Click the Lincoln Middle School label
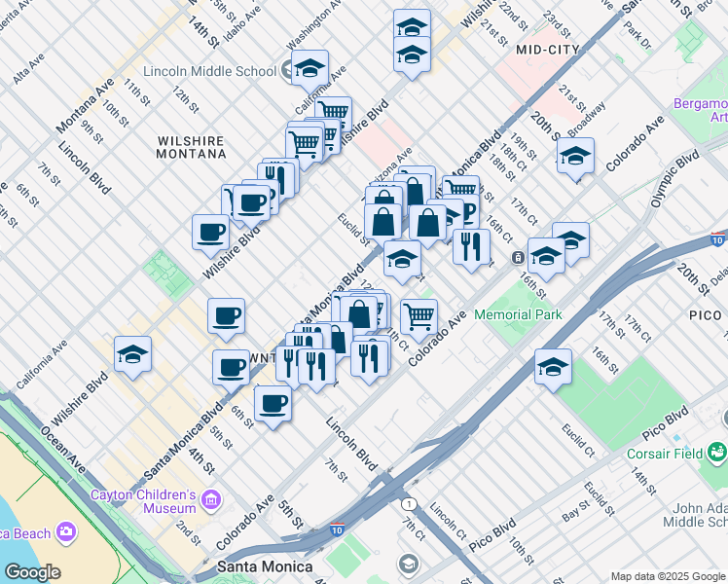click(x=209, y=71)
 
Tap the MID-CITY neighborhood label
click(x=548, y=49)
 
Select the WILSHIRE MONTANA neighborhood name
click(x=191, y=147)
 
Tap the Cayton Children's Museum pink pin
click(x=211, y=500)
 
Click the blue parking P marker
click(x=467, y=212)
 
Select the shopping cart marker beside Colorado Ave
click(x=419, y=315)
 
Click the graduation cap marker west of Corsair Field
click(x=553, y=366)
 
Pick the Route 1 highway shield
click(x=411, y=503)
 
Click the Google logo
click(x=32, y=572)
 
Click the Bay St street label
click(x=576, y=506)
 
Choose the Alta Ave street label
click(x=28, y=66)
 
